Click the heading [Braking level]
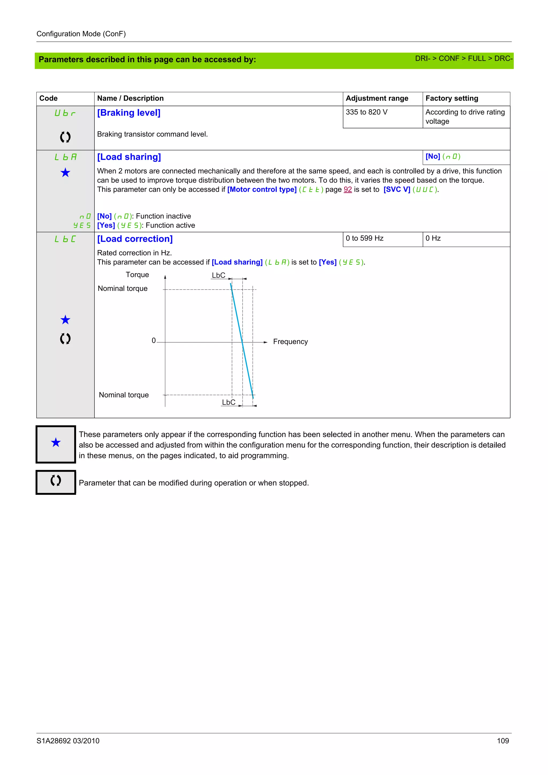(129, 113)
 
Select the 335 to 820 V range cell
(366, 112)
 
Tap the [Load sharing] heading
(129, 157)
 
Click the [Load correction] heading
(135, 239)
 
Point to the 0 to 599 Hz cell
(364, 238)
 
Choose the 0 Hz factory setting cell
(433, 238)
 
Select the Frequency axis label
(290, 342)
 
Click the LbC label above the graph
(218, 275)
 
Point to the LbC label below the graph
(229, 402)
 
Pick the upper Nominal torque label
(123, 289)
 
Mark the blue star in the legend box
(56, 443)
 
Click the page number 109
(503, 741)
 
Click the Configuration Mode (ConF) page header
(81, 34)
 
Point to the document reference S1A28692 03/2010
(68, 741)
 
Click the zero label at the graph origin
(154, 341)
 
